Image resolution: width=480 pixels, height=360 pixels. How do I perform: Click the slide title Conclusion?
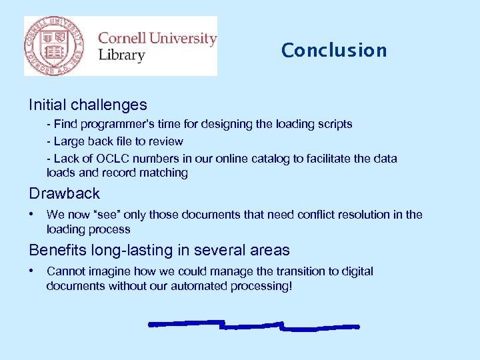click(x=334, y=51)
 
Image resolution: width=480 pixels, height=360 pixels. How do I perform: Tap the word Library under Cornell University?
click(x=121, y=55)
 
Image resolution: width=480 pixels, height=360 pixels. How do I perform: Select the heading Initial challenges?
click(x=88, y=105)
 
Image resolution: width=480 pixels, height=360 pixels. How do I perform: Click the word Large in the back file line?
click(x=69, y=141)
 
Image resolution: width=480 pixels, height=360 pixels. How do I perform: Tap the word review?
click(x=165, y=141)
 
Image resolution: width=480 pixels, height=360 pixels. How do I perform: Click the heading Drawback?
click(x=64, y=194)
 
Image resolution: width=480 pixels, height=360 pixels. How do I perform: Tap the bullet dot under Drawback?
click(x=32, y=215)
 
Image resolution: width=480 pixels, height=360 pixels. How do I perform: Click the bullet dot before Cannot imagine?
click(x=32, y=271)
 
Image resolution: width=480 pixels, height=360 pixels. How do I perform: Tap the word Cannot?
click(x=65, y=271)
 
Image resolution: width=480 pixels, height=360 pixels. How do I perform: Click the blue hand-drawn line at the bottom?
click(x=253, y=326)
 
